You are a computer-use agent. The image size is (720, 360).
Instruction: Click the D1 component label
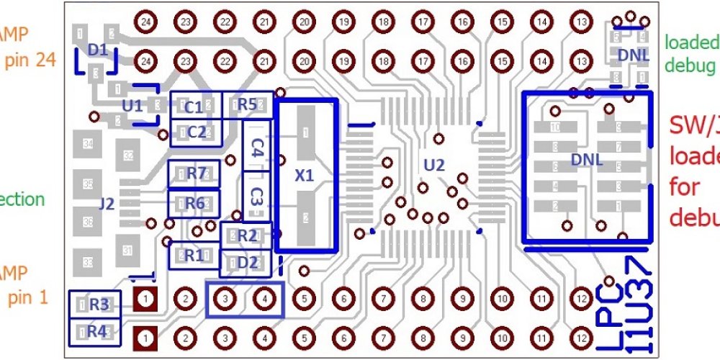click(x=99, y=50)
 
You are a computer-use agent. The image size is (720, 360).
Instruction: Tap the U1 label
click(x=132, y=105)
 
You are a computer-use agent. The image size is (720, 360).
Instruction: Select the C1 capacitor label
click(x=193, y=107)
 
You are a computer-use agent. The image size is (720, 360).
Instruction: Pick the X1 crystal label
click(x=305, y=175)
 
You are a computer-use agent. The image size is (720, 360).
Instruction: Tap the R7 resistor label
click(x=195, y=174)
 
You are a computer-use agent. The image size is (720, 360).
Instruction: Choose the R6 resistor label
click(x=194, y=203)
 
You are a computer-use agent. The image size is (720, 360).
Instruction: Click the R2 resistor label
click(x=246, y=235)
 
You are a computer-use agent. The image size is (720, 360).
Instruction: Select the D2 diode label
click(x=247, y=261)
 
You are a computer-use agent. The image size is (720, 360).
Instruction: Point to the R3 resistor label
click(x=99, y=305)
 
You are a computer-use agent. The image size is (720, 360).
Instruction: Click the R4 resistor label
click(x=99, y=332)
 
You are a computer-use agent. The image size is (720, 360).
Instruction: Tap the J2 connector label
click(x=107, y=204)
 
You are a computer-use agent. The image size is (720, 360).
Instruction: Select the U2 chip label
click(x=434, y=166)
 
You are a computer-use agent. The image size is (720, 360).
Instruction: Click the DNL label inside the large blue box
click(x=585, y=158)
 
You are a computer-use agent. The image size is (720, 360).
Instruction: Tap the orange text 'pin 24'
click(x=30, y=60)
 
